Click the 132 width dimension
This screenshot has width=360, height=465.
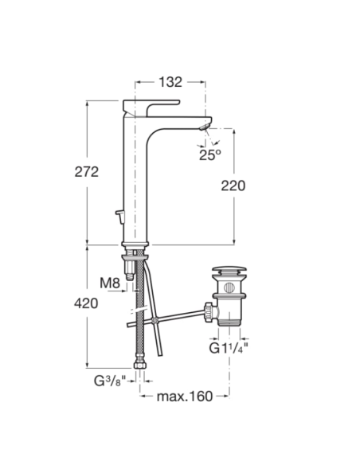tap(170, 82)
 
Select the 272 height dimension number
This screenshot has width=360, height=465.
tap(87, 172)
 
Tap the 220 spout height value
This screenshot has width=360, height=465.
tap(233, 186)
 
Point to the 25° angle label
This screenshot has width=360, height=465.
tap(210, 154)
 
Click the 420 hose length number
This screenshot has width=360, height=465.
tap(86, 303)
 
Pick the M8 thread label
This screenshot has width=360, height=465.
tap(110, 283)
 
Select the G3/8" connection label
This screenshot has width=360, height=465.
tap(110, 381)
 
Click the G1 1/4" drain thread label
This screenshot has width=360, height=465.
tap(229, 348)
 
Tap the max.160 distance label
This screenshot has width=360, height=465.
tap(185, 397)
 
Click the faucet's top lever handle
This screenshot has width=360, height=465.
tap(151, 106)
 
